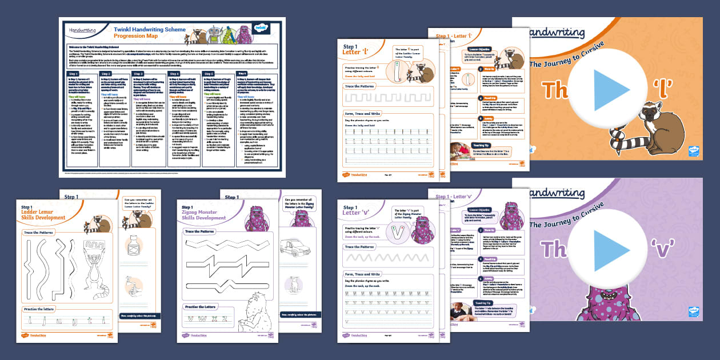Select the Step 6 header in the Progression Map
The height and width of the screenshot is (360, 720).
246,74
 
